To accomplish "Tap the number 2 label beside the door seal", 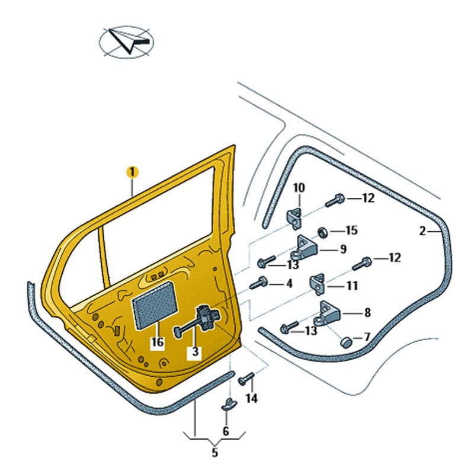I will [422, 232].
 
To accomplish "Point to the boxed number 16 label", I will [157, 342].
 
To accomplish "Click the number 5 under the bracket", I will [215, 453].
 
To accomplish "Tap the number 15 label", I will [352, 230].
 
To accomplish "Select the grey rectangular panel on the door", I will [155, 304].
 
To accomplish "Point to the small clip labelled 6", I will [229, 405].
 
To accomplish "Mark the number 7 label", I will [367, 337].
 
